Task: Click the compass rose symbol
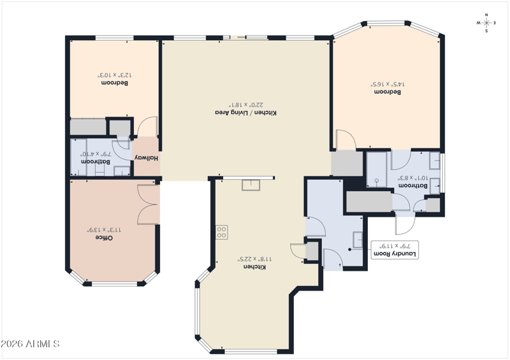tap(486, 23)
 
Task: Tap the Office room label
tap(104, 238)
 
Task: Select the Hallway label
tap(147, 158)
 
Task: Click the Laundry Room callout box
tap(395, 250)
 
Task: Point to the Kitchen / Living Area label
tap(246, 113)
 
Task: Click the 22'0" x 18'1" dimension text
tap(246, 104)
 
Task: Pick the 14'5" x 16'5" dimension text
tap(388, 84)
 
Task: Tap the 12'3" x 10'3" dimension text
tap(115, 75)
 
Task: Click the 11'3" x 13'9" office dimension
tap(104, 230)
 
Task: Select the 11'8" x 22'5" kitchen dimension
tap(254, 259)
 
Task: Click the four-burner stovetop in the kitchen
tap(222, 232)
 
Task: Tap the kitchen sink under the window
tap(251, 185)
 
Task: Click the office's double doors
tap(149, 205)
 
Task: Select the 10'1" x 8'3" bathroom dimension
tap(412, 178)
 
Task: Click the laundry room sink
tap(358, 240)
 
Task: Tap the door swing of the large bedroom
tap(346, 140)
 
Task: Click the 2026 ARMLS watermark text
tap(30, 343)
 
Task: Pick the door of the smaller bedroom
tap(148, 127)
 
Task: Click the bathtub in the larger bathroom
tap(377, 169)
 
